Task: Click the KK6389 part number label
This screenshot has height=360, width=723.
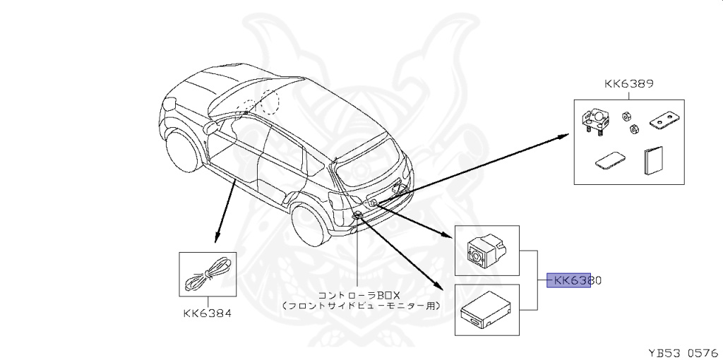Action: (628, 83)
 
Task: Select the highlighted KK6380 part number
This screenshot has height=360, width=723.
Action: (571, 280)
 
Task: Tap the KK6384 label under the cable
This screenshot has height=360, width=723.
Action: (208, 312)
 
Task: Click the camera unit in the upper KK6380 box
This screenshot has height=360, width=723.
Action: (486, 250)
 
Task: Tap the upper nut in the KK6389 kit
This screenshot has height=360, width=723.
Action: (626, 115)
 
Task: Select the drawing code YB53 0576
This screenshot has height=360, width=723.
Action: (683, 351)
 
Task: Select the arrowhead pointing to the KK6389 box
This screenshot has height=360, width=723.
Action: (570, 135)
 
